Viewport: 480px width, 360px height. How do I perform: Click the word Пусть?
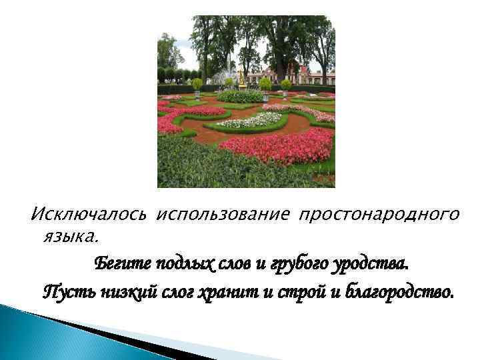[63, 291]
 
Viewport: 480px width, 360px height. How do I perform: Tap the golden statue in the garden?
[241, 80]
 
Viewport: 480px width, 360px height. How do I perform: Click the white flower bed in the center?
[250, 120]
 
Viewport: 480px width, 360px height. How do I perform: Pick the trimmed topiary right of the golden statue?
[265, 83]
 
